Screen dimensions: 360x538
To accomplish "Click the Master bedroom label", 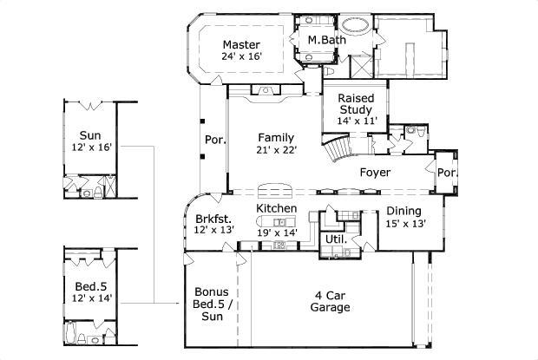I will [x=242, y=44].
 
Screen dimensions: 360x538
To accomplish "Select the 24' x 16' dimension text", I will [x=242, y=56].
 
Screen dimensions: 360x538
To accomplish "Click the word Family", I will [x=277, y=137].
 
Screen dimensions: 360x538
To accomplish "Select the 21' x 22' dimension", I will [x=277, y=150].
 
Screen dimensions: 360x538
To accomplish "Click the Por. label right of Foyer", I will [x=447, y=173].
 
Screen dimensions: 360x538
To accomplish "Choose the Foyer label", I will [x=376, y=173].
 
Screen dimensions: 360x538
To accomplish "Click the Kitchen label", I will [x=277, y=209].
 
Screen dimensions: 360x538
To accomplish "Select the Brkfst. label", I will [x=211, y=218].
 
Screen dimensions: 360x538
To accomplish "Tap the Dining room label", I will [x=404, y=211].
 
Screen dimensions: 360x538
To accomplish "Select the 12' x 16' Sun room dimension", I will [x=89, y=147].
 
